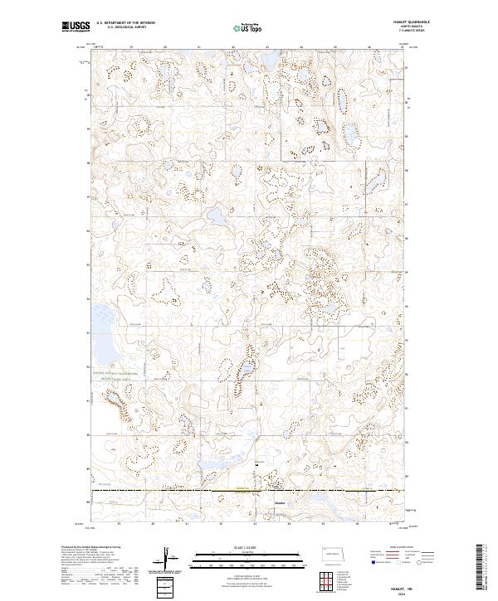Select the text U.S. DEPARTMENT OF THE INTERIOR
[125, 23]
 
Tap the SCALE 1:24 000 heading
[248, 546]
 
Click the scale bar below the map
[248, 556]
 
